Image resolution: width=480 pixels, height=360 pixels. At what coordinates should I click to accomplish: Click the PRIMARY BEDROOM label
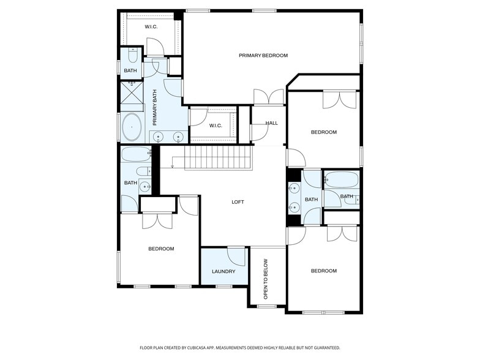(x=263, y=56)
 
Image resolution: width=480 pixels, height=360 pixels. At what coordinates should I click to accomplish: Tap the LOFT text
(x=238, y=202)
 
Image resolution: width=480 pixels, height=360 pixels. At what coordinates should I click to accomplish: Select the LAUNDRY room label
(x=223, y=271)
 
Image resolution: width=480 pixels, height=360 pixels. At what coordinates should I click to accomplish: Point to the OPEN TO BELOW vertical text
(x=266, y=279)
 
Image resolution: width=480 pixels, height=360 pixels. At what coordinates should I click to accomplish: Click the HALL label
(x=271, y=123)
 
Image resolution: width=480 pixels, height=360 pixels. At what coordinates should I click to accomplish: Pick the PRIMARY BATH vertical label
(x=155, y=107)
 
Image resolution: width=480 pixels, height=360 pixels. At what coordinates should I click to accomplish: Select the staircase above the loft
(x=211, y=159)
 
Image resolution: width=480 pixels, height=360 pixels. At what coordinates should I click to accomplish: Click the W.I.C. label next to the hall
(x=215, y=126)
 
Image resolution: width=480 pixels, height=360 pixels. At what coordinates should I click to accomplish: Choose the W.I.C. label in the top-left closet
(x=152, y=27)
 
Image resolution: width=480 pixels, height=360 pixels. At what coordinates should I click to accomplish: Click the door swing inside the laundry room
(x=236, y=256)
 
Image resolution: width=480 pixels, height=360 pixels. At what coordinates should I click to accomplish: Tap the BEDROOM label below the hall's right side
(x=323, y=132)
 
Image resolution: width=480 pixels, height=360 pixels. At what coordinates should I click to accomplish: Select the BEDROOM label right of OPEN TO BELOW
(x=323, y=271)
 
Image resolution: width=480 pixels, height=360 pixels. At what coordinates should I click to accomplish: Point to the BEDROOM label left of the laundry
(x=161, y=249)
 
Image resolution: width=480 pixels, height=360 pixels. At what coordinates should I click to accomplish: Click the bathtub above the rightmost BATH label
(x=340, y=179)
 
